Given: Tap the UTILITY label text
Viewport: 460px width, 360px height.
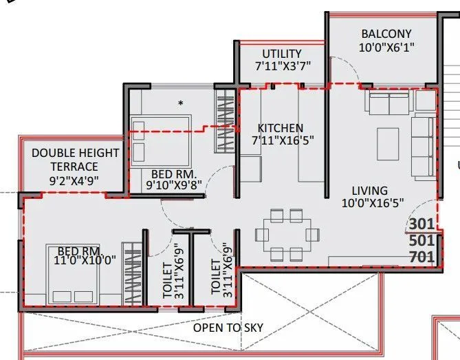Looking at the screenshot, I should pos(281,54).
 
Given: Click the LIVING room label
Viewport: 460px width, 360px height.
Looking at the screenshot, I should pos(369,190).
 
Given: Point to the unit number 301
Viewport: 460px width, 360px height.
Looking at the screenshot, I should pos(421,224).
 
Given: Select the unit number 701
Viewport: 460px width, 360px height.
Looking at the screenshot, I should pos(421,258).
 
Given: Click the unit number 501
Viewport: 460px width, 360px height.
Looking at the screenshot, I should pos(421,241).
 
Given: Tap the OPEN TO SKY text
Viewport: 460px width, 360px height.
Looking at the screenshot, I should pos(228,328).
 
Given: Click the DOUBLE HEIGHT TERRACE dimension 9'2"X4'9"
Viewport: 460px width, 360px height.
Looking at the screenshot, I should pos(74,180).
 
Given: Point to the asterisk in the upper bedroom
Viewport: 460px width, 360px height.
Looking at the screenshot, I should pos(181,103).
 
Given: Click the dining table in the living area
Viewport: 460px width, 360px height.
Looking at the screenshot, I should pos(283,234).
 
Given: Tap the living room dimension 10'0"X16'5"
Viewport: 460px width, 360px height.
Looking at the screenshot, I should pos(372,203).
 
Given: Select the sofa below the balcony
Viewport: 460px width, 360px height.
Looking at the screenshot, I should pos(388,103).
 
